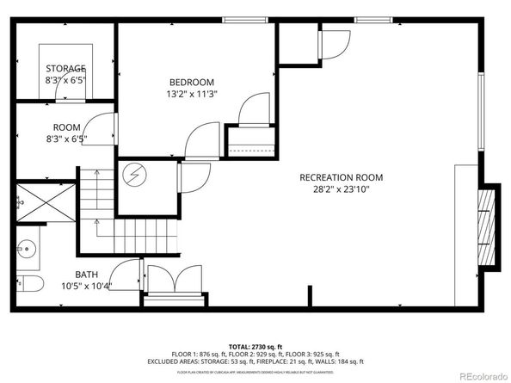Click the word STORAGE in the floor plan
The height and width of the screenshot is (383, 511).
pyautogui.click(x=65, y=68)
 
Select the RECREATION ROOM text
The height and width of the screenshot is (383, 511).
pyautogui.click(x=341, y=178)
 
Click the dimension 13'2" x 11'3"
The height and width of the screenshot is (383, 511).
pyautogui.click(x=191, y=95)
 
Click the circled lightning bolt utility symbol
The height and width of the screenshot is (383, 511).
pyautogui.click(x=134, y=175)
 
